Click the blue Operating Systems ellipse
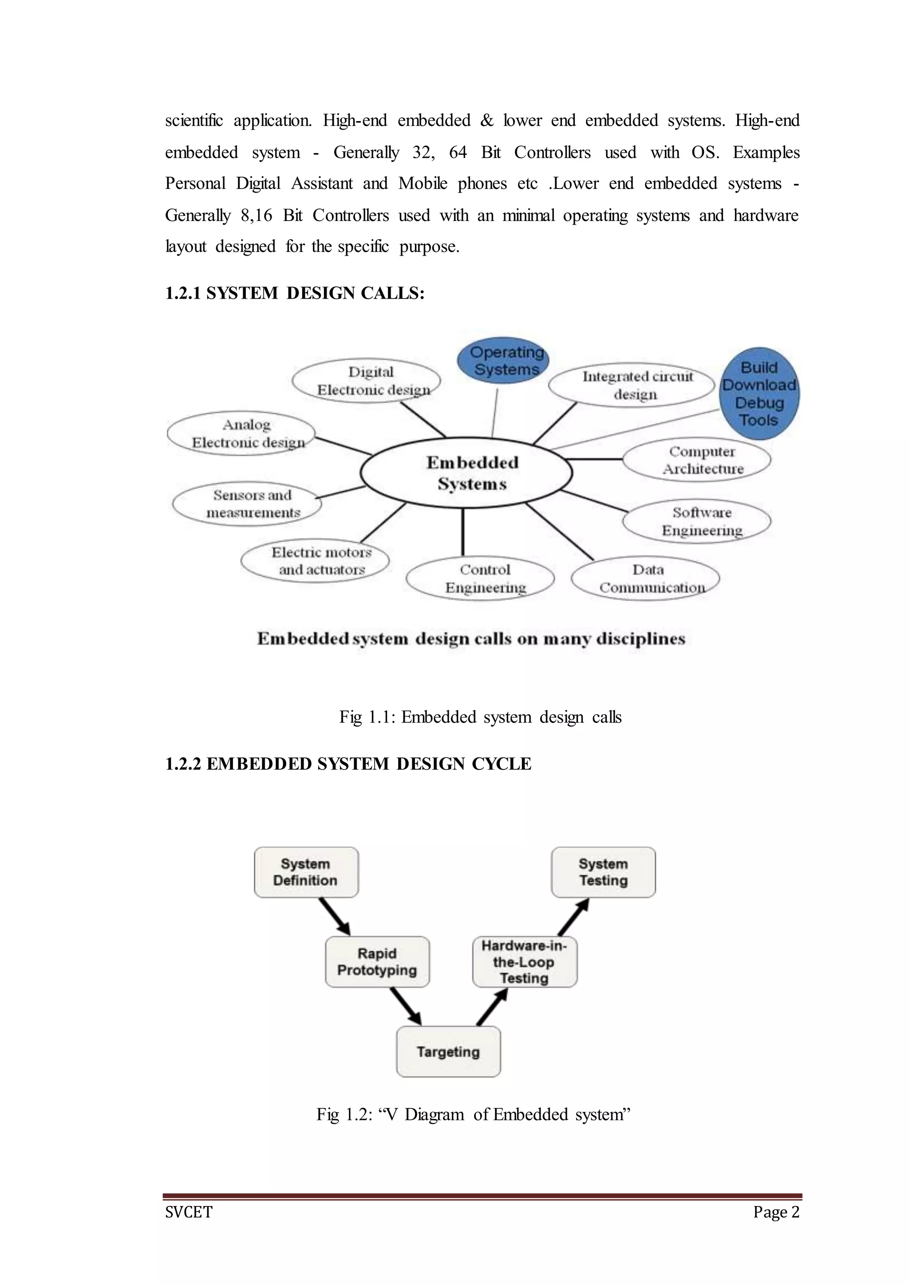[502, 360]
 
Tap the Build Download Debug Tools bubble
[759, 394]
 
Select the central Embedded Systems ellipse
[466, 473]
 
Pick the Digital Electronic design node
[367, 381]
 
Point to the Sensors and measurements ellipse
[247, 504]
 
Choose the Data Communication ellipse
[645, 578]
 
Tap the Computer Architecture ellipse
[696, 460]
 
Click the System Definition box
[306, 872]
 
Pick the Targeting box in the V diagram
[448, 1052]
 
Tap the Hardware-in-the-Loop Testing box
[525, 962]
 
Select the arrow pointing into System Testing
[573, 917]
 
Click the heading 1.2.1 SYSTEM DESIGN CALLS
[294, 293]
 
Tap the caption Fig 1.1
[480, 717]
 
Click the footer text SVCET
[189, 1212]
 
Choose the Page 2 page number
[776, 1212]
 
